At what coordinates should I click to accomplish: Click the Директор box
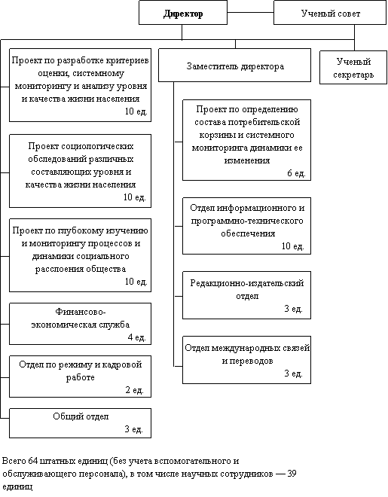point(183,12)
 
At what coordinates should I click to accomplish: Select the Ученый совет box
point(330,12)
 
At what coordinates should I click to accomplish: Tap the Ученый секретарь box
point(353,68)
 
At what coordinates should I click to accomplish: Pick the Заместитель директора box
point(234,65)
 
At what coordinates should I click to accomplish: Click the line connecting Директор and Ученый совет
point(250,12)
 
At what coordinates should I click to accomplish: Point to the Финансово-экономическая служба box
point(80,324)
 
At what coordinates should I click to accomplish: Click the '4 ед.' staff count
point(136,337)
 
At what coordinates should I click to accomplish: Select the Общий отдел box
point(80,423)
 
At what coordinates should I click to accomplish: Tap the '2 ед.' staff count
point(135,390)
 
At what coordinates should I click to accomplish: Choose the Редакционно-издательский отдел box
point(246,295)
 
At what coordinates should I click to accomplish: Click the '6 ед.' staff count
point(296,173)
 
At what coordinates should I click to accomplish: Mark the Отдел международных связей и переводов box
point(246,360)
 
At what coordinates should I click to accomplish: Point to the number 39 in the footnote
point(292,474)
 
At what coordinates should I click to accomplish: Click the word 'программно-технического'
point(247,221)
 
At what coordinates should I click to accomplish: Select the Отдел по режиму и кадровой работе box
point(80,377)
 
